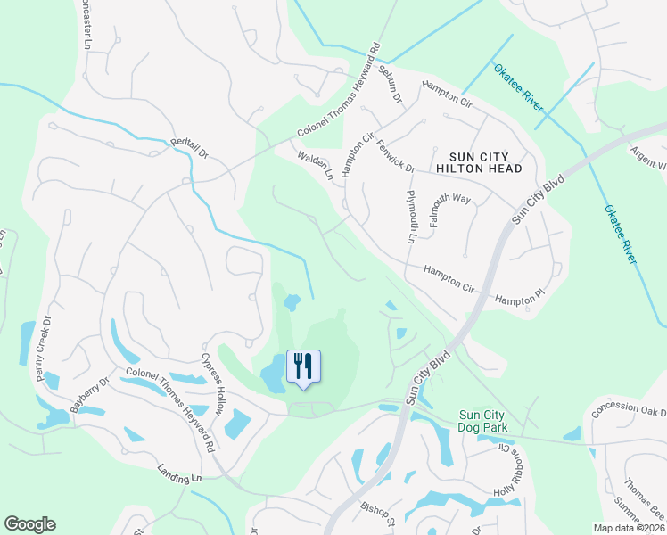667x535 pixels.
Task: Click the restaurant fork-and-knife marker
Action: (303, 366)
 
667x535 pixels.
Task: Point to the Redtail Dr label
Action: (189, 148)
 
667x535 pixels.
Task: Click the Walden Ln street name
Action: (317, 165)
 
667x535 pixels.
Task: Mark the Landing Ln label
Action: (179, 473)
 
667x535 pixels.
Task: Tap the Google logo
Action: (29, 524)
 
